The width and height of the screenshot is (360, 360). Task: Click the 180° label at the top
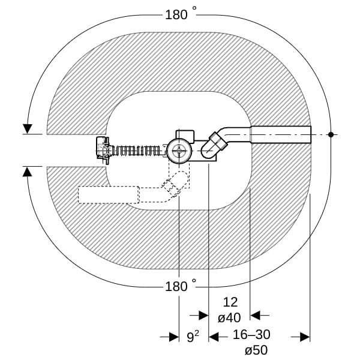[181, 14]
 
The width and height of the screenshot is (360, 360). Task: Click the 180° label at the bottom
[181, 286]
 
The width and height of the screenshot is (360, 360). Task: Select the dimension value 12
[230, 302]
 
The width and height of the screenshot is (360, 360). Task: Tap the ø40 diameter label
[229, 318]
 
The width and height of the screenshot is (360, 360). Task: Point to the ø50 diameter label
[256, 350]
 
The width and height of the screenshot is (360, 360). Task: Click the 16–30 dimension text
[251, 335]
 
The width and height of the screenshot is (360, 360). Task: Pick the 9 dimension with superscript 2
[193, 337]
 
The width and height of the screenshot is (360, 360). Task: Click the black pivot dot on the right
[331, 134]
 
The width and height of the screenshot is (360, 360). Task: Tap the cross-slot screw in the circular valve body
[179, 151]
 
